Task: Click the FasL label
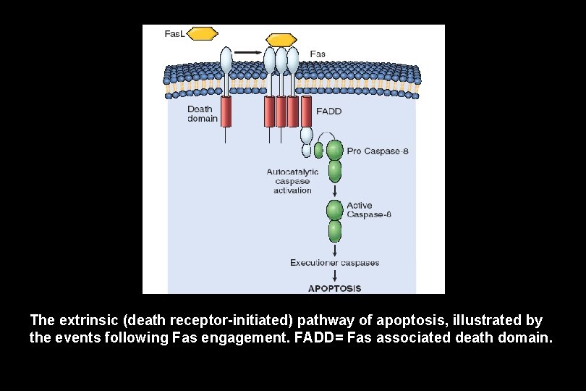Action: click(174, 34)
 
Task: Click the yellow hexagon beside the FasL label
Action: click(202, 34)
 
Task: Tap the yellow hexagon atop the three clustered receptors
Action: click(281, 40)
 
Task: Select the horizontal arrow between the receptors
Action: click(247, 52)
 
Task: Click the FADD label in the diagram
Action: click(329, 111)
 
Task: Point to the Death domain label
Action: click(202, 114)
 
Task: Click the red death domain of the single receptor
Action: click(226, 112)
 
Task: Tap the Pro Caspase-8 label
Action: click(378, 151)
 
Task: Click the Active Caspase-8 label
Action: click(369, 210)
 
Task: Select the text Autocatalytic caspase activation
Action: click(292, 181)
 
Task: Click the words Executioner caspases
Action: click(334, 263)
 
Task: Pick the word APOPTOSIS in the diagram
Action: click(334, 288)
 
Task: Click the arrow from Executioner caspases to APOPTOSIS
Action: click(335, 275)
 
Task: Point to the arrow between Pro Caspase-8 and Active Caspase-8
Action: click(335, 190)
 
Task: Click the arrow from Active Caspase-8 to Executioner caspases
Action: click(335, 251)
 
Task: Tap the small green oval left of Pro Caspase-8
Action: click(318, 150)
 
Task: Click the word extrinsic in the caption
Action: click(88, 320)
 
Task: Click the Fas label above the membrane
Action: click(318, 54)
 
